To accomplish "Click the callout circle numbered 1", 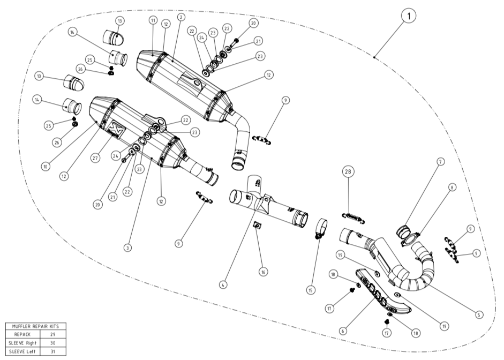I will (409, 16).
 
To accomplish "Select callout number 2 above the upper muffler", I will (182, 17).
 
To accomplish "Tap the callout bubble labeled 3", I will (127, 247).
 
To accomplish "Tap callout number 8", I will (453, 187).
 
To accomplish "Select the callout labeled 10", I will (46, 167).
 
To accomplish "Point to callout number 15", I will (310, 290).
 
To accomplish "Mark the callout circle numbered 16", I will (263, 272).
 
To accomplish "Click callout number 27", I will (95, 158).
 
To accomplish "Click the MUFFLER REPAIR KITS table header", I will (36, 326).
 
